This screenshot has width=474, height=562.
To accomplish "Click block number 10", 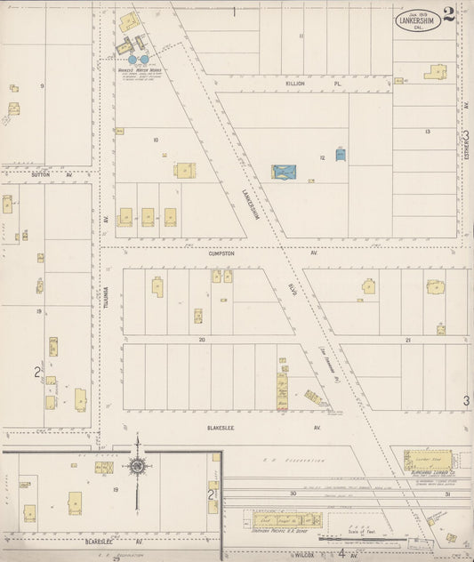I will [x=156, y=140].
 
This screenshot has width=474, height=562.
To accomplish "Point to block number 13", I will [x=428, y=132].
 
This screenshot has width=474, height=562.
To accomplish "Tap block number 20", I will [x=202, y=340].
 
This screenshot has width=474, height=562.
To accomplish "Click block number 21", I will [x=407, y=340].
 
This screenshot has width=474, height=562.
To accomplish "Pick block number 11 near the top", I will [x=301, y=36].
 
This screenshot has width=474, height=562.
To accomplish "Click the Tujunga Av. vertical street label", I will [x=105, y=293].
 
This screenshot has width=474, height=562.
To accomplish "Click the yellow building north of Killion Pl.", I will [x=435, y=71].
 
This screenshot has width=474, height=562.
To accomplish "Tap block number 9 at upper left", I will [x=41, y=85].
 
